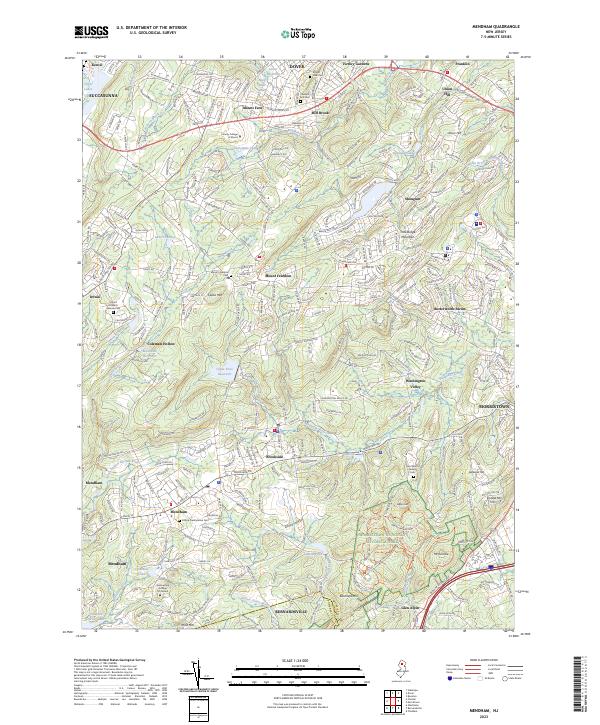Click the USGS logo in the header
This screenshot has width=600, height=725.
pos(92,32)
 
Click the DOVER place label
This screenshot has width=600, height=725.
pos(296,66)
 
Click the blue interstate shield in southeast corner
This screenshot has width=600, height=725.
pos(491,566)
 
